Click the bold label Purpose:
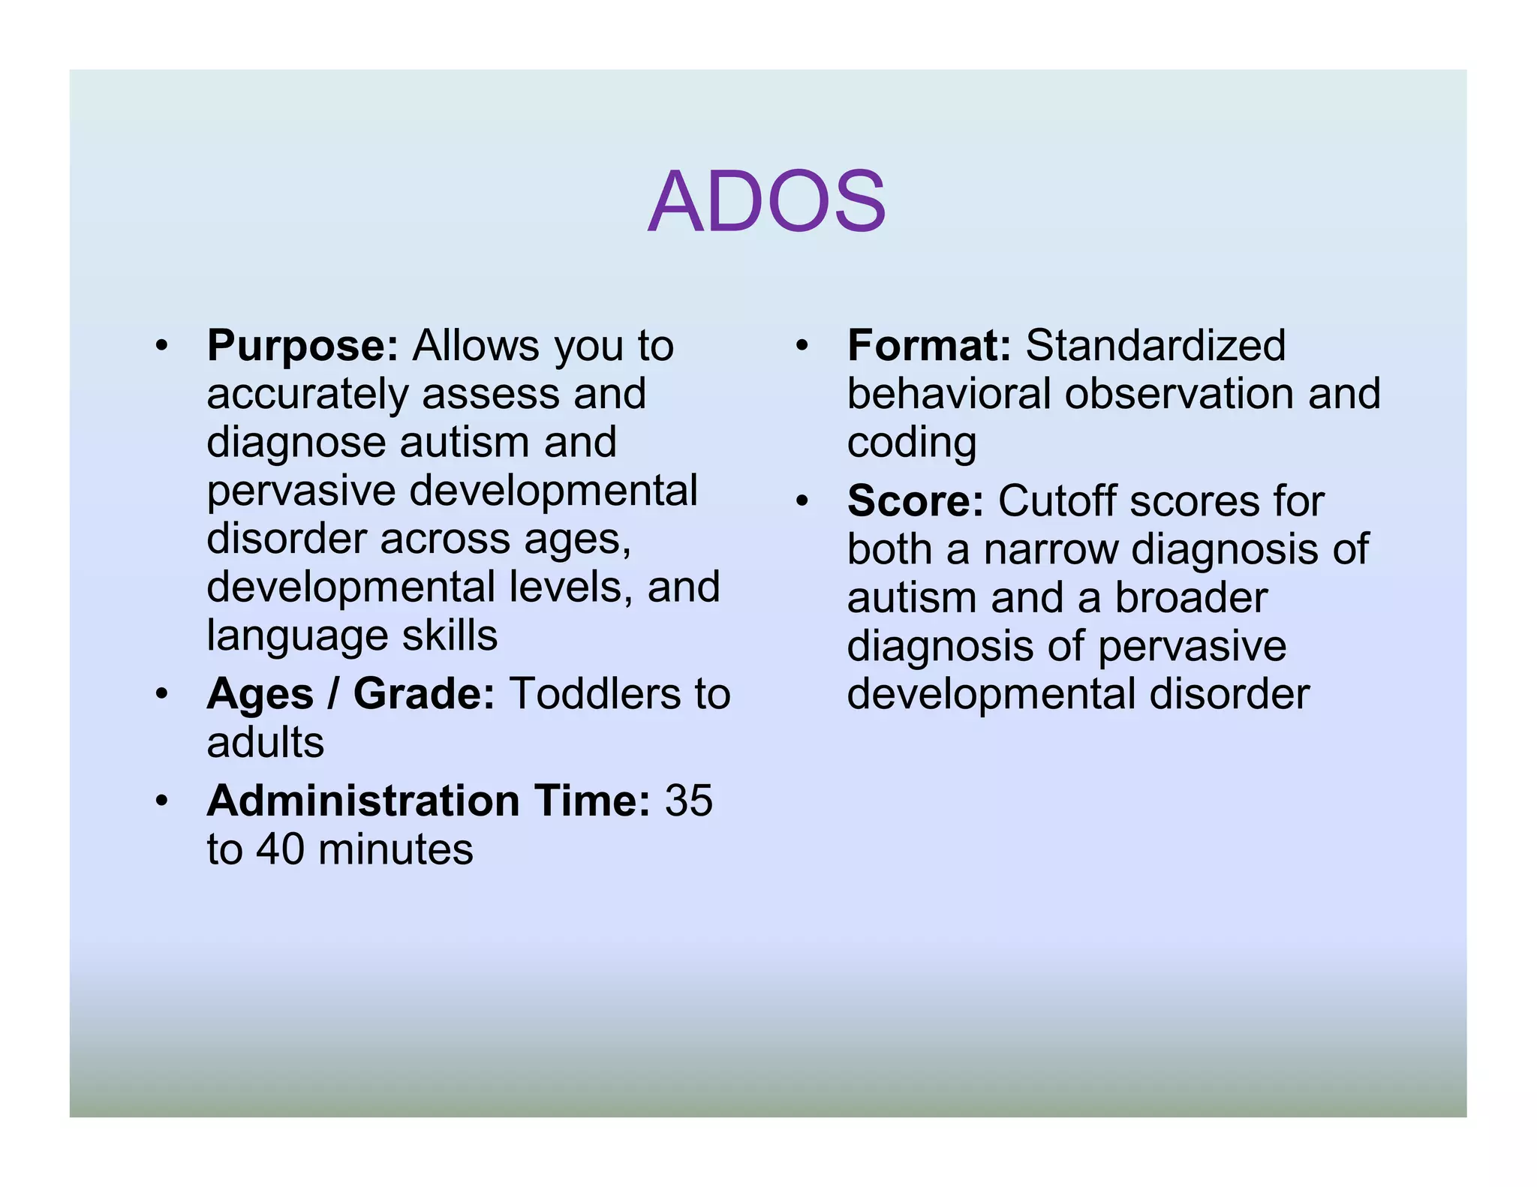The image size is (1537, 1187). [x=302, y=346]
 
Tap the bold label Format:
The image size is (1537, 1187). [x=929, y=346]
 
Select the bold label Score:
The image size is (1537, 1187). [x=915, y=501]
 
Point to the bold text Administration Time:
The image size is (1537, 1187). [x=429, y=801]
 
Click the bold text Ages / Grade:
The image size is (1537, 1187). [x=350, y=694]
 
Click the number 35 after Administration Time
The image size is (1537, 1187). [x=688, y=801]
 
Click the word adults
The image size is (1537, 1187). [x=265, y=743]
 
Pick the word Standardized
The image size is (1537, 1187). [x=1155, y=346]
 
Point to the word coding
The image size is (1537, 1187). [x=911, y=443]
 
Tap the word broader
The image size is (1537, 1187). [x=1191, y=598]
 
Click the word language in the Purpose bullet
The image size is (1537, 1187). [x=297, y=636]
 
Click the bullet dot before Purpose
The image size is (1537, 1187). [x=161, y=347]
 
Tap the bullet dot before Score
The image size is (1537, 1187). [x=802, y=501]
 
